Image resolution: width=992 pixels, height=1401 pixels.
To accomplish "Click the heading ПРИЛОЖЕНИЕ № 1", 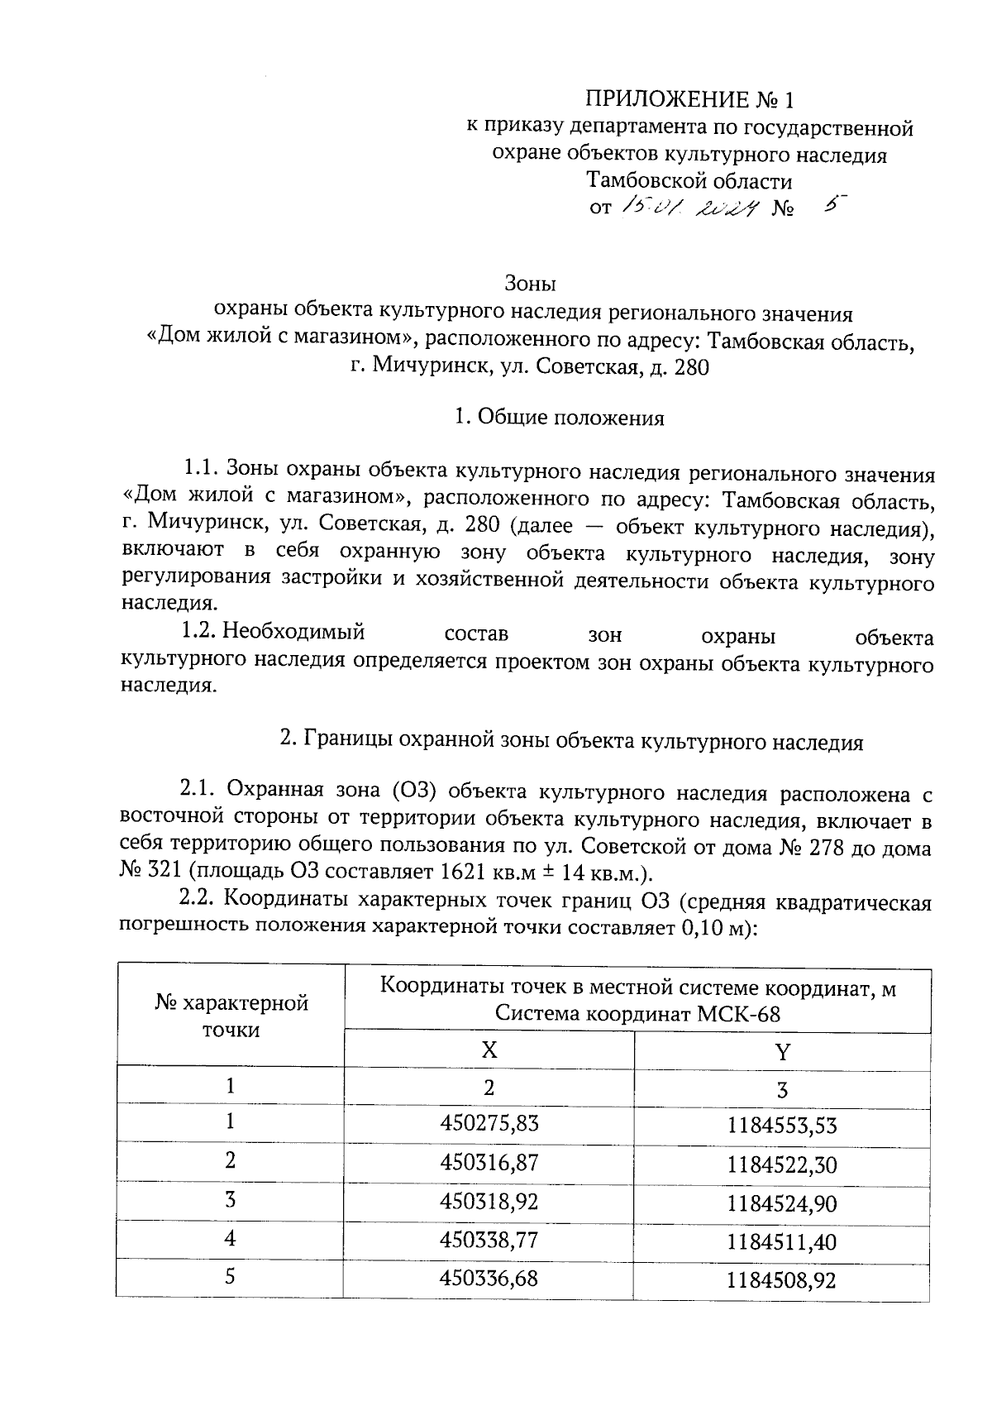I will point(689,100).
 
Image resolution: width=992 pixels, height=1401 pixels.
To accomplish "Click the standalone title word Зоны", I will point(530,284).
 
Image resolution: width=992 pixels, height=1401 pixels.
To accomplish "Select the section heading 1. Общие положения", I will point(559,418).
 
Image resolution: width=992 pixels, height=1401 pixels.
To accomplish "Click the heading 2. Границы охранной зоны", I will point(570,741).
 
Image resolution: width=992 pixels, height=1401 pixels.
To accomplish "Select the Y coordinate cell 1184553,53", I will point(782,1126).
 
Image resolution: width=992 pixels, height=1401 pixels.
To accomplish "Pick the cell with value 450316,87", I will point(489,1162).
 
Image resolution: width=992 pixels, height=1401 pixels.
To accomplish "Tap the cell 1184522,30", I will point(782,1164).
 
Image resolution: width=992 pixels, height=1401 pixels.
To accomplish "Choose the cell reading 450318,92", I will point(489,1201).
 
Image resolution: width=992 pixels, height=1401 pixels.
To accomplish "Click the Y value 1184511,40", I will point(782,1242).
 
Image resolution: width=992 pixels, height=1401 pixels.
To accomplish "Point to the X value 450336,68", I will point(489,1279).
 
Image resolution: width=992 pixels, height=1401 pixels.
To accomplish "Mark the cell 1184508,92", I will point(782,1281).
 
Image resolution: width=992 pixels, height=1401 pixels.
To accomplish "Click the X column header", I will point(489,1050).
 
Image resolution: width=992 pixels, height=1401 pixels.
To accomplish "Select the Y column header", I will point(782,1052).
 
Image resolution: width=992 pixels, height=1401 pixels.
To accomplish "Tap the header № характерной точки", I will point(231,1016).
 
